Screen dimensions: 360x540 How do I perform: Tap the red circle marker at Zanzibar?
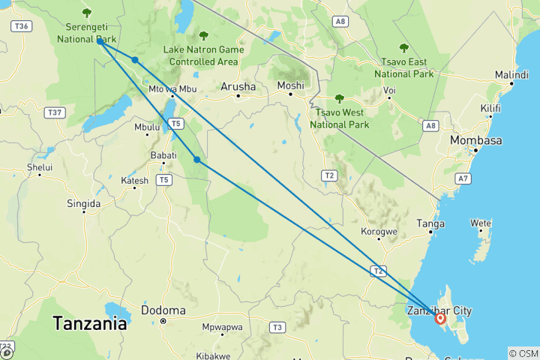point(440,319)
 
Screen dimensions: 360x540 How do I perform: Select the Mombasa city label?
point(475,140)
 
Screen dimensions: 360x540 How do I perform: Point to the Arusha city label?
point(238,87)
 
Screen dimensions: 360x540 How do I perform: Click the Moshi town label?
point(290,85)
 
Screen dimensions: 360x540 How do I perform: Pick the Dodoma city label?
point(163,310)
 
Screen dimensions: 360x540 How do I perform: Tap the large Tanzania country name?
point(88,324)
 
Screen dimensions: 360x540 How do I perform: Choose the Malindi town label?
point(512,75)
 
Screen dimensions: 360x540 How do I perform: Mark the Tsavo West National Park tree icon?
point(339,97)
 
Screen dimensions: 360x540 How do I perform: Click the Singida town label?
point(83,203)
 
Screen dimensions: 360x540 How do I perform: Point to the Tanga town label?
point(430,223)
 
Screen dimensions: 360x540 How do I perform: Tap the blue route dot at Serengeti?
point(100,41)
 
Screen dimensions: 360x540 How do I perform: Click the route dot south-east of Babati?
point(196,159)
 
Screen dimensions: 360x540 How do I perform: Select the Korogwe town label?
point(378,231)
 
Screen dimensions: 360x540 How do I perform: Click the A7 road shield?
point(463,178)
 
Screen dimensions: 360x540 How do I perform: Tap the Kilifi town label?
point(490,109)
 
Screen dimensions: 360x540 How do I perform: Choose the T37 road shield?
point(54,112)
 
